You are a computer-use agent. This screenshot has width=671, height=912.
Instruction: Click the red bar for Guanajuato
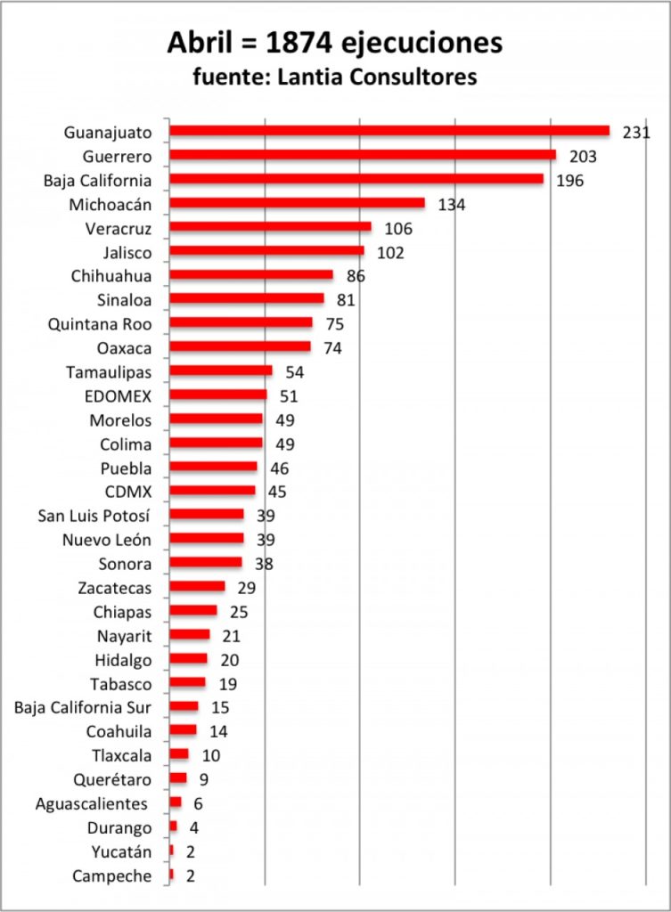pos(389,131)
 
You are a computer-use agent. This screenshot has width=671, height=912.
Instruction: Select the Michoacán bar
pos(297,203)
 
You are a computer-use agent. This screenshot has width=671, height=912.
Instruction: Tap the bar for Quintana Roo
pos(241,322)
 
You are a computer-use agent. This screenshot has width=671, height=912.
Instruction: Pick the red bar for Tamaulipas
pos(221,370)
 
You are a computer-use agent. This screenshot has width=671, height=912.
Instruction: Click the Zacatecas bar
pos(197,586)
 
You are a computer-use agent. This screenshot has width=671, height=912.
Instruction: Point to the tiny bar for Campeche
pos(171,875)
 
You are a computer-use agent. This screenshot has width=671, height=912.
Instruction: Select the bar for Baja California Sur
pos(184,706)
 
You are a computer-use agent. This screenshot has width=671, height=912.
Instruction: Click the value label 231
pos(636,133)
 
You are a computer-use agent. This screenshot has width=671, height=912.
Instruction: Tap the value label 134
pos(452,205)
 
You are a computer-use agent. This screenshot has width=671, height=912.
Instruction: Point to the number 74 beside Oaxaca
pos(333,348)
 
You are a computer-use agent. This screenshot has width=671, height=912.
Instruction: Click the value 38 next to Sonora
pos(264,564)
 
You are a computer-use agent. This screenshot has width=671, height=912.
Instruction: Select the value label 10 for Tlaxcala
pos(210,755)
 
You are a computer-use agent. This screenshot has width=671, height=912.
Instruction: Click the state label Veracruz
pos(119,229)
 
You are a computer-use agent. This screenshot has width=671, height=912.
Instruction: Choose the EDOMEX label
pos(118,396)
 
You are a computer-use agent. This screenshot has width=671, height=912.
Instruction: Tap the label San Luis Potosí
pos(94,516)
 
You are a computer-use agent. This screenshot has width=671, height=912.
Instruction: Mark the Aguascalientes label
pos(92,804)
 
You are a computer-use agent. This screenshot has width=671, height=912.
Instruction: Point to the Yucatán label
pos(121,852)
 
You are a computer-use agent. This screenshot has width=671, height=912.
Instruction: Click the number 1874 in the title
pos(299,44)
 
